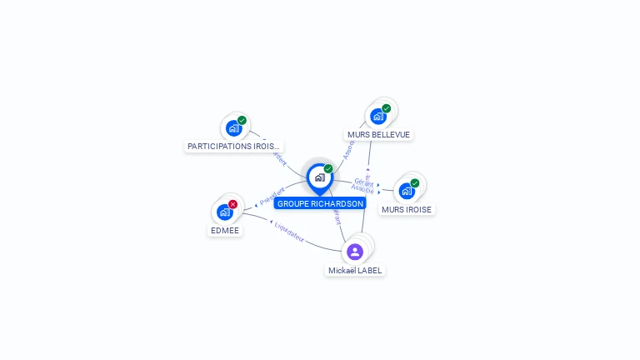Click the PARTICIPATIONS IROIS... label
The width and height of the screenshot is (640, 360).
[x=233, y=146]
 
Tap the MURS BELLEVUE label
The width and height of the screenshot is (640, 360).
[x=379, y=134]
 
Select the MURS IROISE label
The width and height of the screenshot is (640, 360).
[x=407, y=209]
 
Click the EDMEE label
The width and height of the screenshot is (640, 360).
[x=225, y=229]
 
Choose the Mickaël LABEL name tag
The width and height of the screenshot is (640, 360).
[x=355, y=270]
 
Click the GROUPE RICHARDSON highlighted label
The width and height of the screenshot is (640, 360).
[x=320, y=203]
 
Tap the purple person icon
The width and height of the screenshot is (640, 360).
[x=355, y=251]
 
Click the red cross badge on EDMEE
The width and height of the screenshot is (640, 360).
[x=233, y=204]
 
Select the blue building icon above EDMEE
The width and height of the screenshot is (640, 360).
[x=224, y=212]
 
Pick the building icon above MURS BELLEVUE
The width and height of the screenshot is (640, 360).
[x=378, y=117]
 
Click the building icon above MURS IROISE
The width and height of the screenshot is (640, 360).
[x=407, y=191]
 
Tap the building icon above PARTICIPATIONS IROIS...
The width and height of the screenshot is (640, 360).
[x=233, y=128]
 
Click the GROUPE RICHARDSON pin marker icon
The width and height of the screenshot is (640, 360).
[x=319, y=177]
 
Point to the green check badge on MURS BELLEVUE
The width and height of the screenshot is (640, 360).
[x=387, y=108]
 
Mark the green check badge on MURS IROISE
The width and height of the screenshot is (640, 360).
[x=415, y=183]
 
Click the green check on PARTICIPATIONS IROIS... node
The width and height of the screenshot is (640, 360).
[x=242, y=120]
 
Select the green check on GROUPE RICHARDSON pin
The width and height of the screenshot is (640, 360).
[x=328, y=169]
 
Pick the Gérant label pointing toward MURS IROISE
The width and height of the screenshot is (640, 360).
[x=362, y=181]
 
